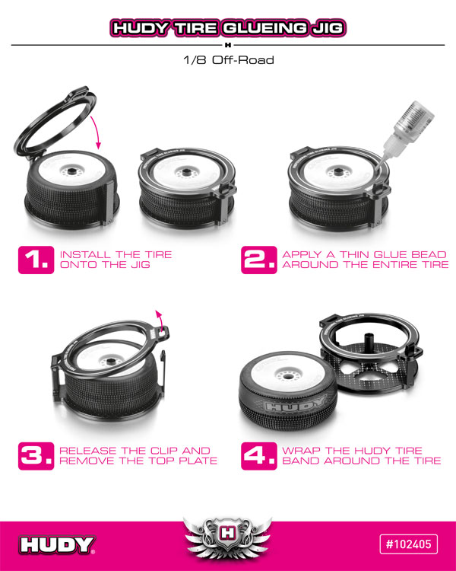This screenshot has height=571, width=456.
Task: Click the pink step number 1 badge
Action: click(x=36, y=260)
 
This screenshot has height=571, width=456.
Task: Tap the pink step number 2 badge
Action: click(x=259, y=260)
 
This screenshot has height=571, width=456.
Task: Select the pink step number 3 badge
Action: click(x=36, y=456)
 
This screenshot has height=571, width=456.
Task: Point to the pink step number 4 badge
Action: click(x=259, y=456)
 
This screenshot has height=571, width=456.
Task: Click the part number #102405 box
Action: click(x=408, y=544)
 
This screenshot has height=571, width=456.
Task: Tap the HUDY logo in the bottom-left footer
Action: click(x=57, y=545)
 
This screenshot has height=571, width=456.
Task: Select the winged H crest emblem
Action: click(x=228, y=536)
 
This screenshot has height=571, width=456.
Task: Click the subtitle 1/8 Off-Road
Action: click(x=228, y=59)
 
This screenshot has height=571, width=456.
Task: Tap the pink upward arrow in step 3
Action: click(x=159, y=320)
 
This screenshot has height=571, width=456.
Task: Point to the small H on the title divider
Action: click(x=228, y=45)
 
